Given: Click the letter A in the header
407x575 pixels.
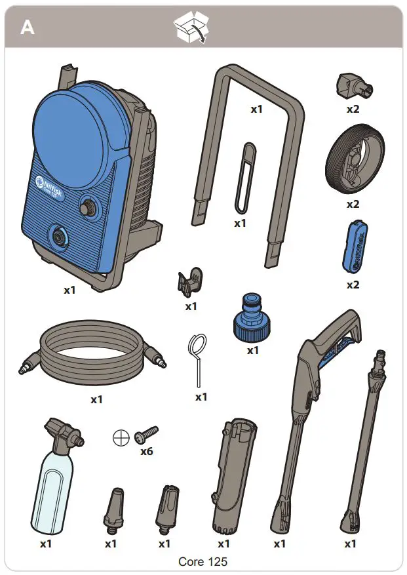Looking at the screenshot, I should coord(27,28).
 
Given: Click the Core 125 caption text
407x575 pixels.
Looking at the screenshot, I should coord(203,562).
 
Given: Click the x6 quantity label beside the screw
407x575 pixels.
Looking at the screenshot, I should coord(146,452).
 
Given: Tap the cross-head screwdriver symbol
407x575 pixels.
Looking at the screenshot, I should coord(121,439).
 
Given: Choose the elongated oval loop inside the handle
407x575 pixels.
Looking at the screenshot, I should coord(244,178).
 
